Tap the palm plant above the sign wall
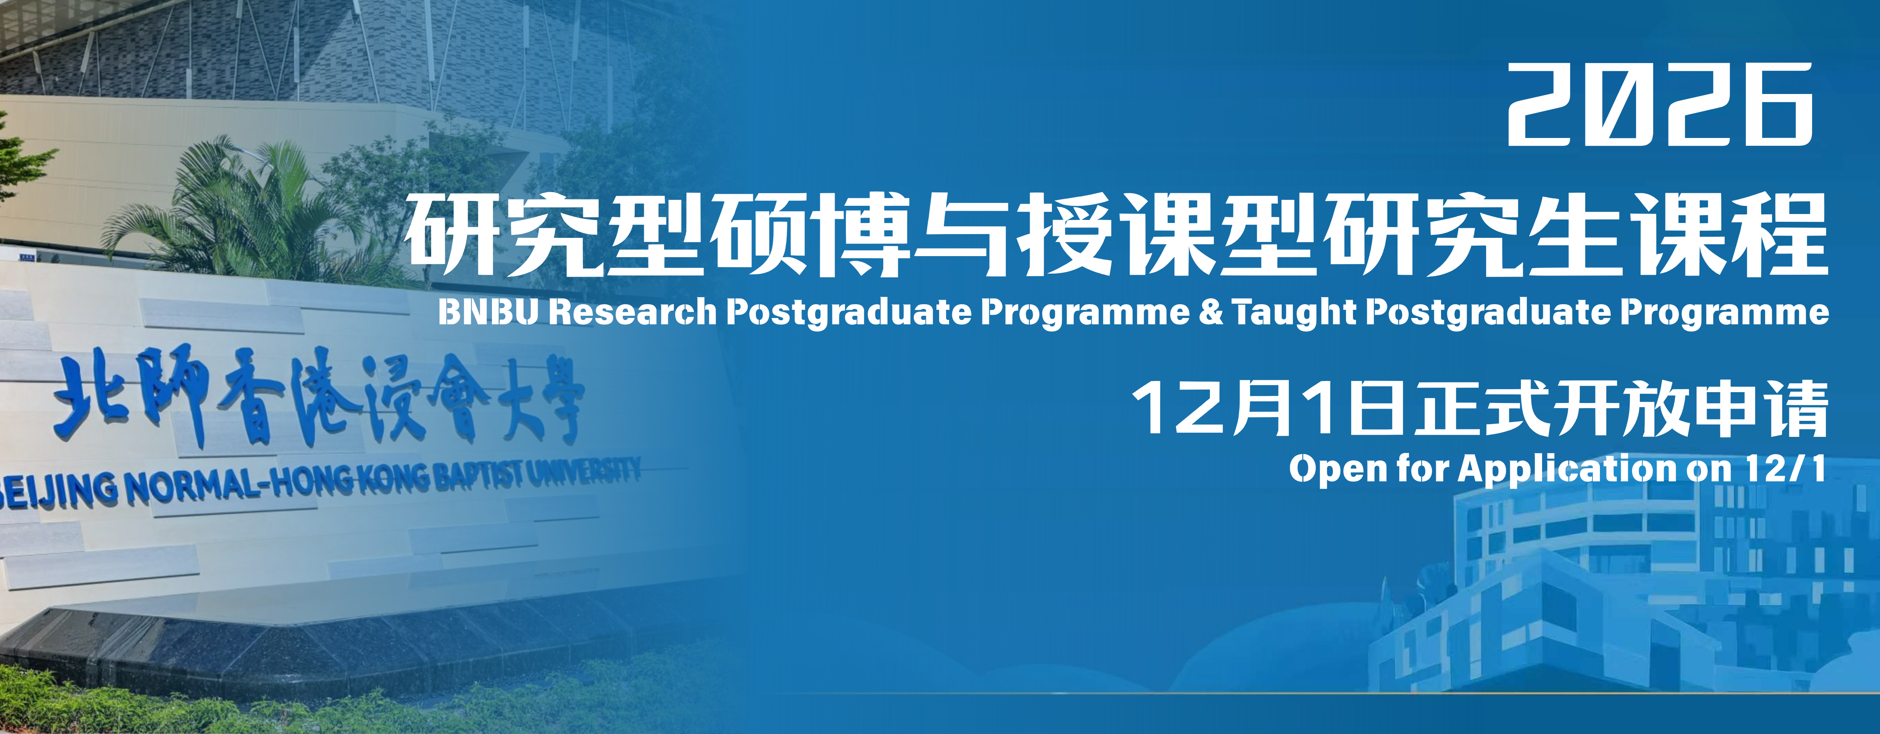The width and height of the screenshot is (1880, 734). (x=241, y=212)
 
